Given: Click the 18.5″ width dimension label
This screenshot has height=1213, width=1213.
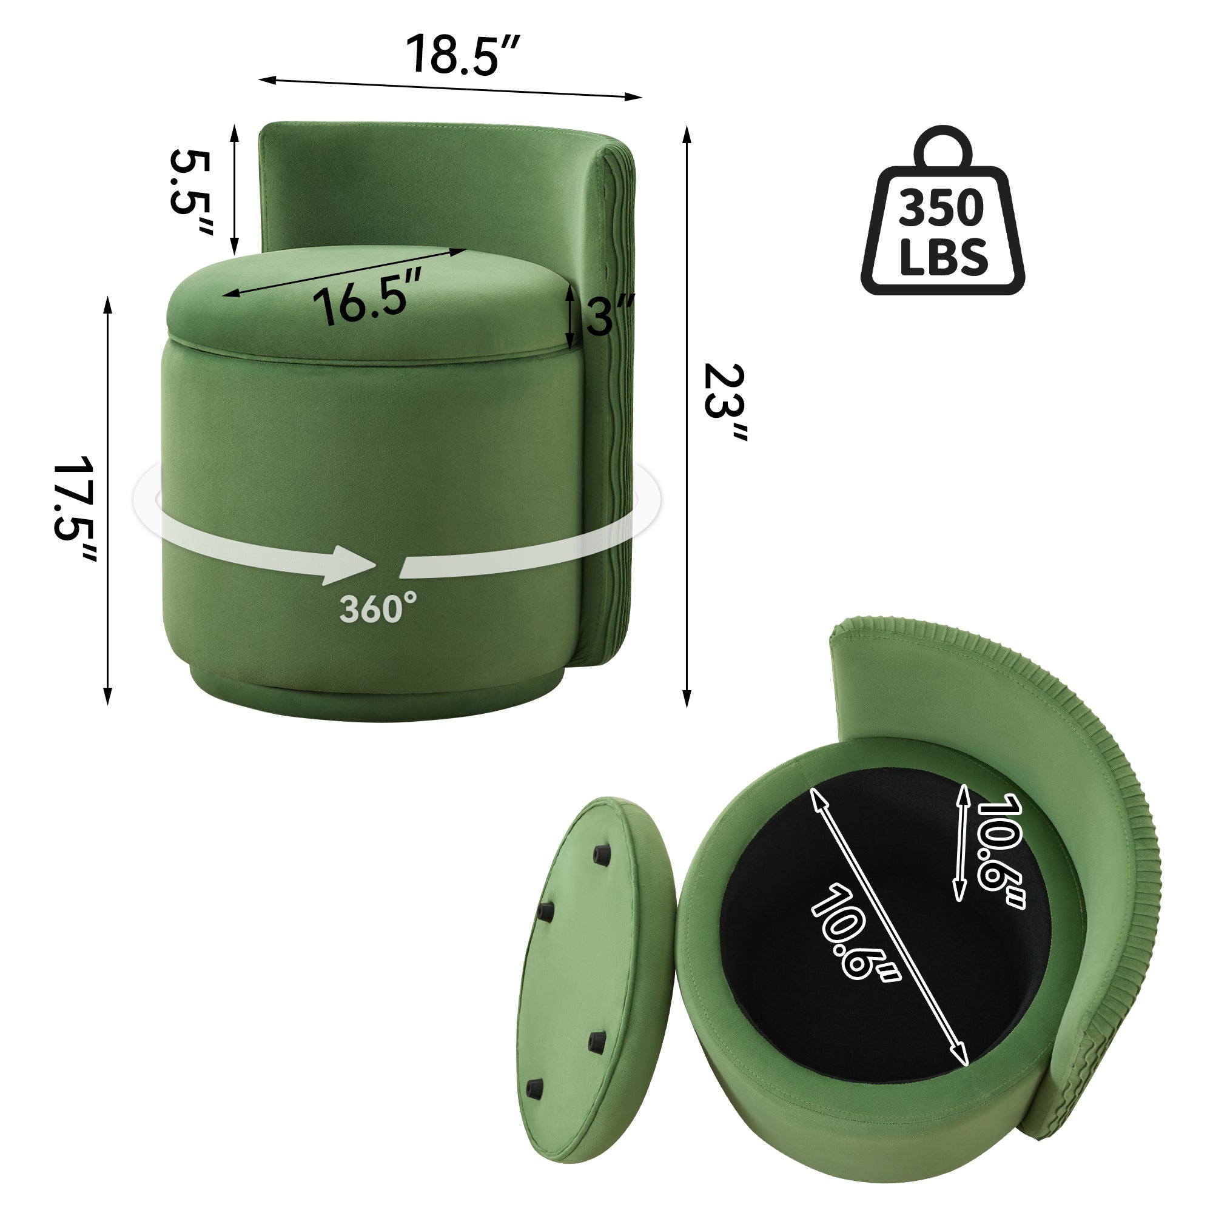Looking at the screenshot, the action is pos(463,55).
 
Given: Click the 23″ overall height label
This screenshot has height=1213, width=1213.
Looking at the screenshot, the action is pos(725,403).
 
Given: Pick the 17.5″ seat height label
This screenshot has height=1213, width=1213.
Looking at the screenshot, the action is pos(75,509).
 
